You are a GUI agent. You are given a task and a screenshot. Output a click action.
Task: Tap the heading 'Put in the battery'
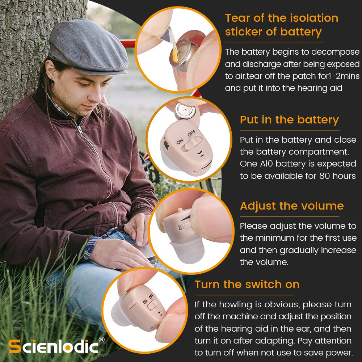tap(289, 120)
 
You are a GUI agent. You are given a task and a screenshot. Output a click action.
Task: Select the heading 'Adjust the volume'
tap(291, 206)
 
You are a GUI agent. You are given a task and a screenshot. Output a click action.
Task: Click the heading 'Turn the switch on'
tap(247, 284)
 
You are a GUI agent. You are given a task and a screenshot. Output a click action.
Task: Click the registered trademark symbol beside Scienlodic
tap(102, 340)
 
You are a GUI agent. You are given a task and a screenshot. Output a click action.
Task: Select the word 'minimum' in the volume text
tap(286, 238)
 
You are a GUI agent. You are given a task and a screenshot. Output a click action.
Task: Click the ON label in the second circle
tap(180, 141)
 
